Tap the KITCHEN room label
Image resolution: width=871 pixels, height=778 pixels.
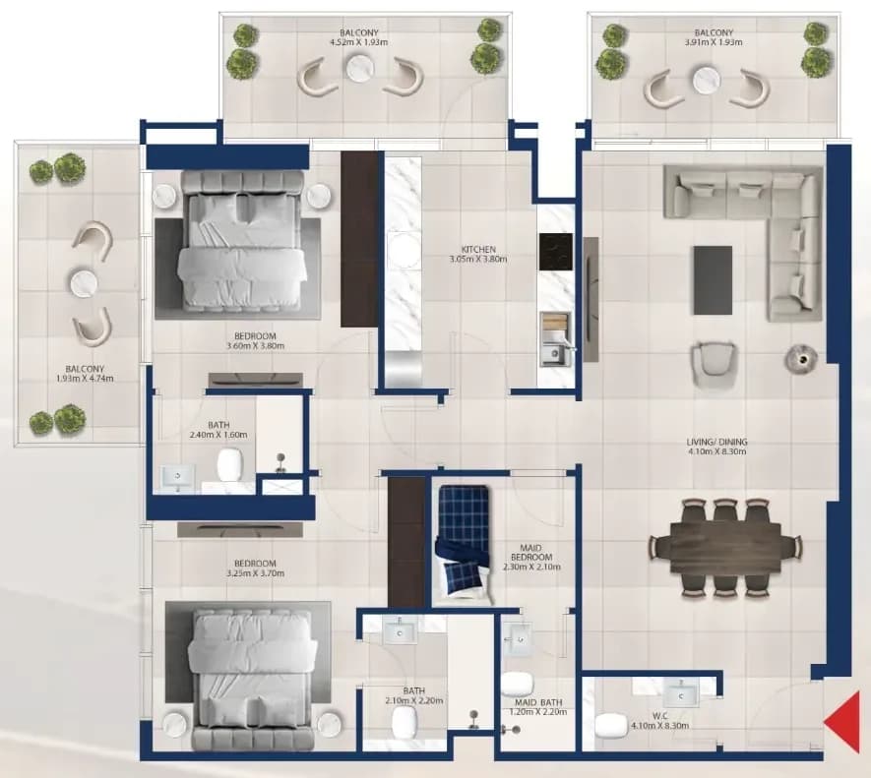[478, 250]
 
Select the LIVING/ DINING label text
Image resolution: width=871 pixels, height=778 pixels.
[716, 442]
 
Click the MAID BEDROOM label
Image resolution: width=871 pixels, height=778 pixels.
[531, 552]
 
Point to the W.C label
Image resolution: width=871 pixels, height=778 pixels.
[660, 716]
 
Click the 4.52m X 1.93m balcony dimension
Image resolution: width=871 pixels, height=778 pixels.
[359, 42]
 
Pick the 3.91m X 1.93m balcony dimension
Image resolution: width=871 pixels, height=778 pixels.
[714, 42]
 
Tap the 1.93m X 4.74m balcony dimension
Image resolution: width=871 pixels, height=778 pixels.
[85, 378]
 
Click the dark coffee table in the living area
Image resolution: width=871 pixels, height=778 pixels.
[713, 280]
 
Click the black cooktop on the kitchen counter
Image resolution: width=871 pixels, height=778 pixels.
[555, 252]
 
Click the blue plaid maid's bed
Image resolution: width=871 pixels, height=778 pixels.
[464, 544]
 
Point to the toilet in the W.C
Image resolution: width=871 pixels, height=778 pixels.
[610, 726]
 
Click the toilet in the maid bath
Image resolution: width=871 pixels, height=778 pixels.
[517, 685]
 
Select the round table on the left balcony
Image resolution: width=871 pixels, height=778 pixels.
[85, 283]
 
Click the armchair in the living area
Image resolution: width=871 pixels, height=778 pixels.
[715, 364]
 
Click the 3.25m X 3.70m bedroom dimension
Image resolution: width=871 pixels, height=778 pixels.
[256, 573]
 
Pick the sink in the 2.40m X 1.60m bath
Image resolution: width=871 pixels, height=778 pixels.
[178, 478]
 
